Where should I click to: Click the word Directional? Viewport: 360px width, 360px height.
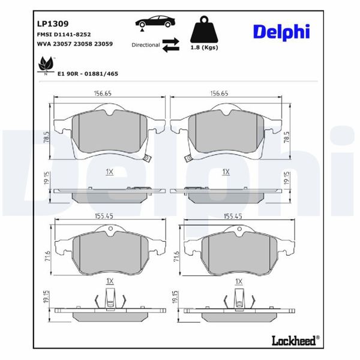pyautogui.click(x=146, y=45)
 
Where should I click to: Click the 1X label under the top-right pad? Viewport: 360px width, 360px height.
pyautogui.click(x=226, y=172)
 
